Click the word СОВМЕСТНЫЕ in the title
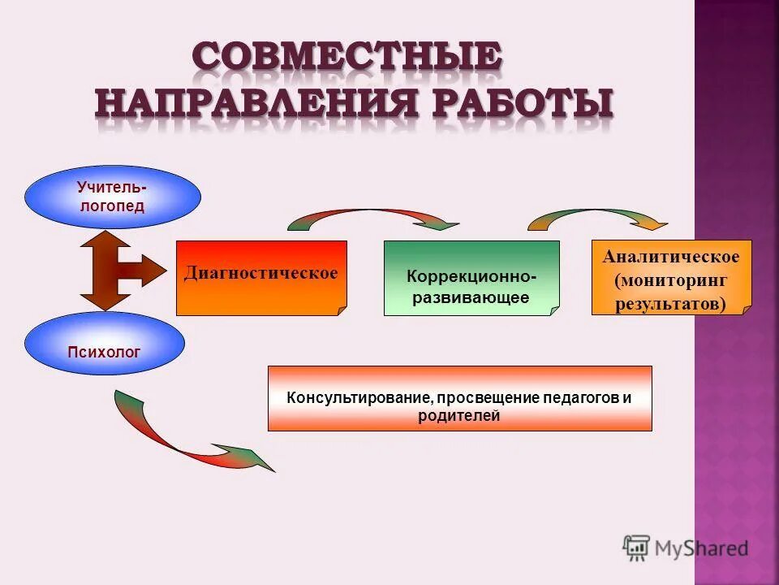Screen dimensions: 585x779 (x=347, y=58)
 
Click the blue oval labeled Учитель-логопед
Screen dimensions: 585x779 (x=112, y=197)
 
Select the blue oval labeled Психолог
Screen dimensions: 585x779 (x=104, y=344)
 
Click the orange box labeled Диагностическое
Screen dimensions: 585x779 (x=260, y=277)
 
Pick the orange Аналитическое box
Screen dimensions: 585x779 (x=671, y=277)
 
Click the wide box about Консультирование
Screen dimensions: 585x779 (x=459, y=398)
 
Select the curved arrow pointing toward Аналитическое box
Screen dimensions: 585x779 (x=599, y=218)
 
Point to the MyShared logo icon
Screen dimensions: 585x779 (x=637, y=548)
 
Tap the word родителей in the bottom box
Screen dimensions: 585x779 (x=459, y=416)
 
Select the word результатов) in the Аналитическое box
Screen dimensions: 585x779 (x=670, y=304)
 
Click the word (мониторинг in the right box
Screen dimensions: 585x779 (x=670, y=280)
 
